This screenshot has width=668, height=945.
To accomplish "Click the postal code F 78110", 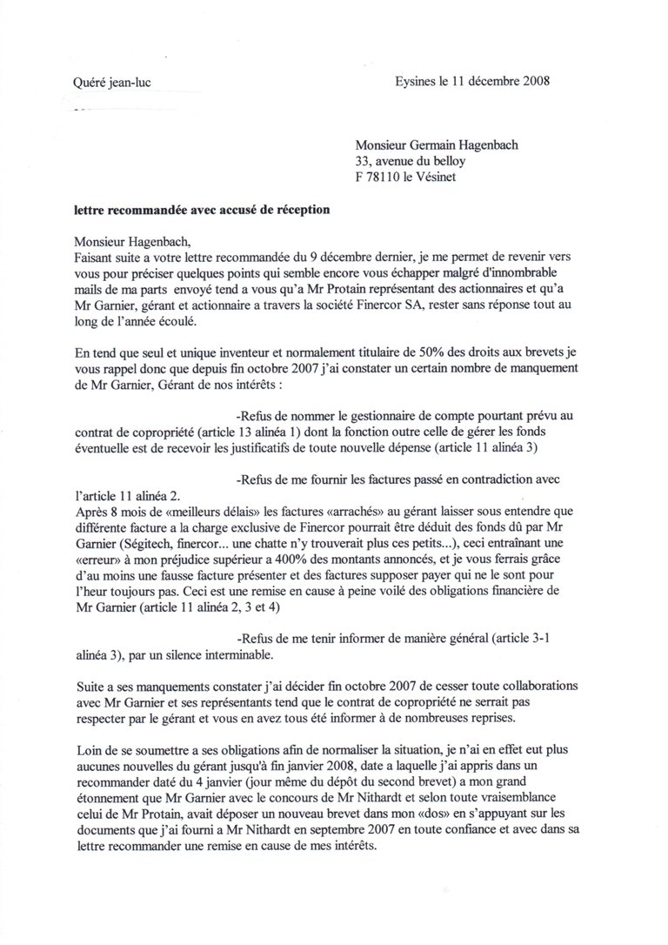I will pyautogui.click(x=382, y=177).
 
